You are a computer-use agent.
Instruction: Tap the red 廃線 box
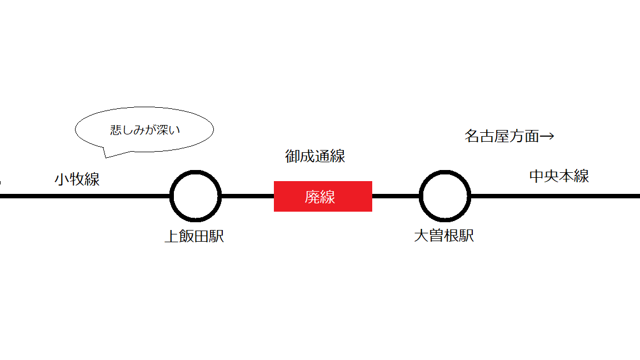(323, 196)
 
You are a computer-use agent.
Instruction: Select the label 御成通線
(315, 156)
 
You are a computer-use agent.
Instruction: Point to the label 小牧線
(77, 179)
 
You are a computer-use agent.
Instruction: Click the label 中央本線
(559, 176)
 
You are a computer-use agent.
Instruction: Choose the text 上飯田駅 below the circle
(194, 236)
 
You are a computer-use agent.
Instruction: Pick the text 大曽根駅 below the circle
(444, 236)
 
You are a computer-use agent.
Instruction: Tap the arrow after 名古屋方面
(547, 136)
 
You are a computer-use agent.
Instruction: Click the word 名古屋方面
(502, 136)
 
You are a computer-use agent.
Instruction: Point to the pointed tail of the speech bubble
(106, 157)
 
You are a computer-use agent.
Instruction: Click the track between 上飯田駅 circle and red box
(248, 196)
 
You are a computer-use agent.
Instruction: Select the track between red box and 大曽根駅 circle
(396, 196)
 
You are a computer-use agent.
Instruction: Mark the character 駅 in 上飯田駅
(217, 236)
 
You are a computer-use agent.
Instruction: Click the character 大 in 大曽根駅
(421, 236)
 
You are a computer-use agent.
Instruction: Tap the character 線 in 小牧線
(92, 179)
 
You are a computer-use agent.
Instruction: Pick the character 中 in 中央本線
(536, 176)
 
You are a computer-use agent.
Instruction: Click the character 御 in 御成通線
(292, 156)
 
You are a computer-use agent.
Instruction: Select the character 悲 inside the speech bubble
(116, 130)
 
